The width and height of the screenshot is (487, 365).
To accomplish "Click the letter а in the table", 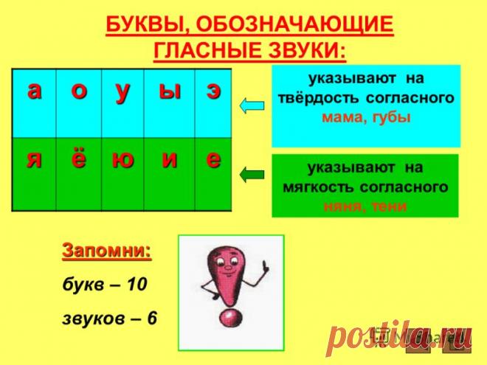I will [x=34, y=90].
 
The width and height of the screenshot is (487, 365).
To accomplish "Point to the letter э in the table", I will [x=213, y=91].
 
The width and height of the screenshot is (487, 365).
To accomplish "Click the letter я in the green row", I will [x=34, y=160].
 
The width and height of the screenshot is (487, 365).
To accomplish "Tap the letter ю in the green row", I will [x=122, y=161].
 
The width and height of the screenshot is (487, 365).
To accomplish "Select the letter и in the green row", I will [x=169, y=161].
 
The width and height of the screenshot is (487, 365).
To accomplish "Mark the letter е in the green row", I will [x=213, y=161].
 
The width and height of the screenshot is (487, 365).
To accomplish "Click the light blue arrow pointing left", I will [x=252, y=105].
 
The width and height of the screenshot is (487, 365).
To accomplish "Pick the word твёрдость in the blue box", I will [x=333, y=97].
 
